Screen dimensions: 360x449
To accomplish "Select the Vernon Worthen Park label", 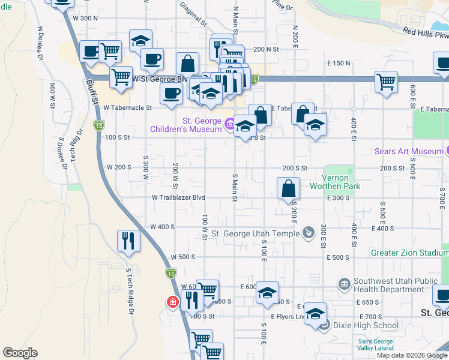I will pos(342,182).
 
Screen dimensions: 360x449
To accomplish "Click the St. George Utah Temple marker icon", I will pos(309,232).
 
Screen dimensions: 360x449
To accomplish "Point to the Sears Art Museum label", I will pos(408,151).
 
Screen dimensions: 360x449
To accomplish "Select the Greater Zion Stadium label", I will pos(409,253).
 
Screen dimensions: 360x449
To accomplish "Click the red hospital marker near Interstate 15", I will pos(172,302).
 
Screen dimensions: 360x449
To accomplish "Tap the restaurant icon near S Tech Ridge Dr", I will pos(129,241).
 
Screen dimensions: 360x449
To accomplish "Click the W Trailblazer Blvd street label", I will pos(178,197).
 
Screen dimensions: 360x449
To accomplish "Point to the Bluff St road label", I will pos(92,92).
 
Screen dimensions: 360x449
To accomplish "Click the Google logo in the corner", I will pos(20,353).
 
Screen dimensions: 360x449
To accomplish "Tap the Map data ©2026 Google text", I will pos(412,355).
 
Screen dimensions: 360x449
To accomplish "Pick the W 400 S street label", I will pos(162,227).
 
